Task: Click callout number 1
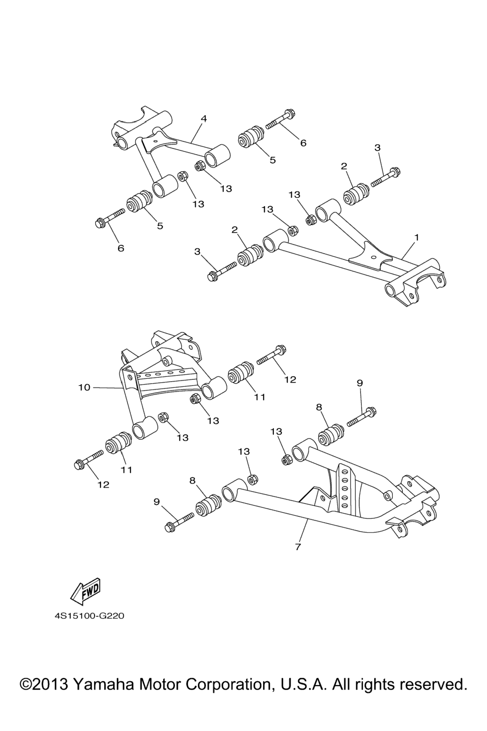point(416,237)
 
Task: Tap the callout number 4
point(204,119)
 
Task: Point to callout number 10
point(84,388)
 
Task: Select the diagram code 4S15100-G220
point(89,617)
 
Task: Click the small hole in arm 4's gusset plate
point(156,141)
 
